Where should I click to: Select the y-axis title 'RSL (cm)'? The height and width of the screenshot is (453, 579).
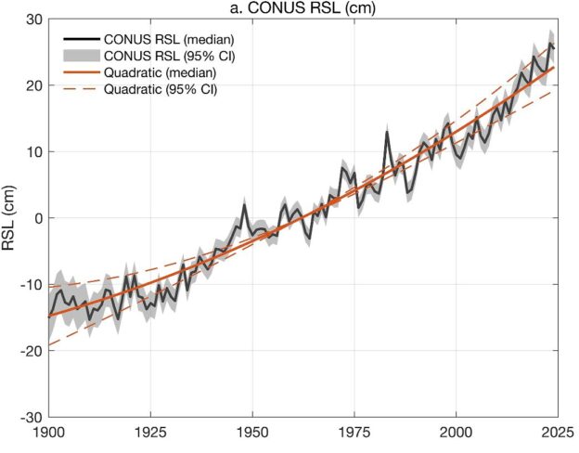point(10,218)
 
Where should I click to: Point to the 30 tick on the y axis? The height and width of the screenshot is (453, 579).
point(32,19)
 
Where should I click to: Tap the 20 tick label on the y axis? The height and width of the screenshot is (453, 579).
point(32,85)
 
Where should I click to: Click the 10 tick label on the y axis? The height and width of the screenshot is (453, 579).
point(32,151)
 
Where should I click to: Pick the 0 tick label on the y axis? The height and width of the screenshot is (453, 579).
point(36,218)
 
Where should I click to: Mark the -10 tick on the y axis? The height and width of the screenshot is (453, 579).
point(30,284)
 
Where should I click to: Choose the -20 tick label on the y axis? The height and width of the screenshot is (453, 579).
point(30,351)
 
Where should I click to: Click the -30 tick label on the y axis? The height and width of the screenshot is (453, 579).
point(30,417)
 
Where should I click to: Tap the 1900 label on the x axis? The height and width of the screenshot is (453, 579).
point(48,434)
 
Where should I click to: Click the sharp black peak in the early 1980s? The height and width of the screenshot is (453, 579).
point(387,132)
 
